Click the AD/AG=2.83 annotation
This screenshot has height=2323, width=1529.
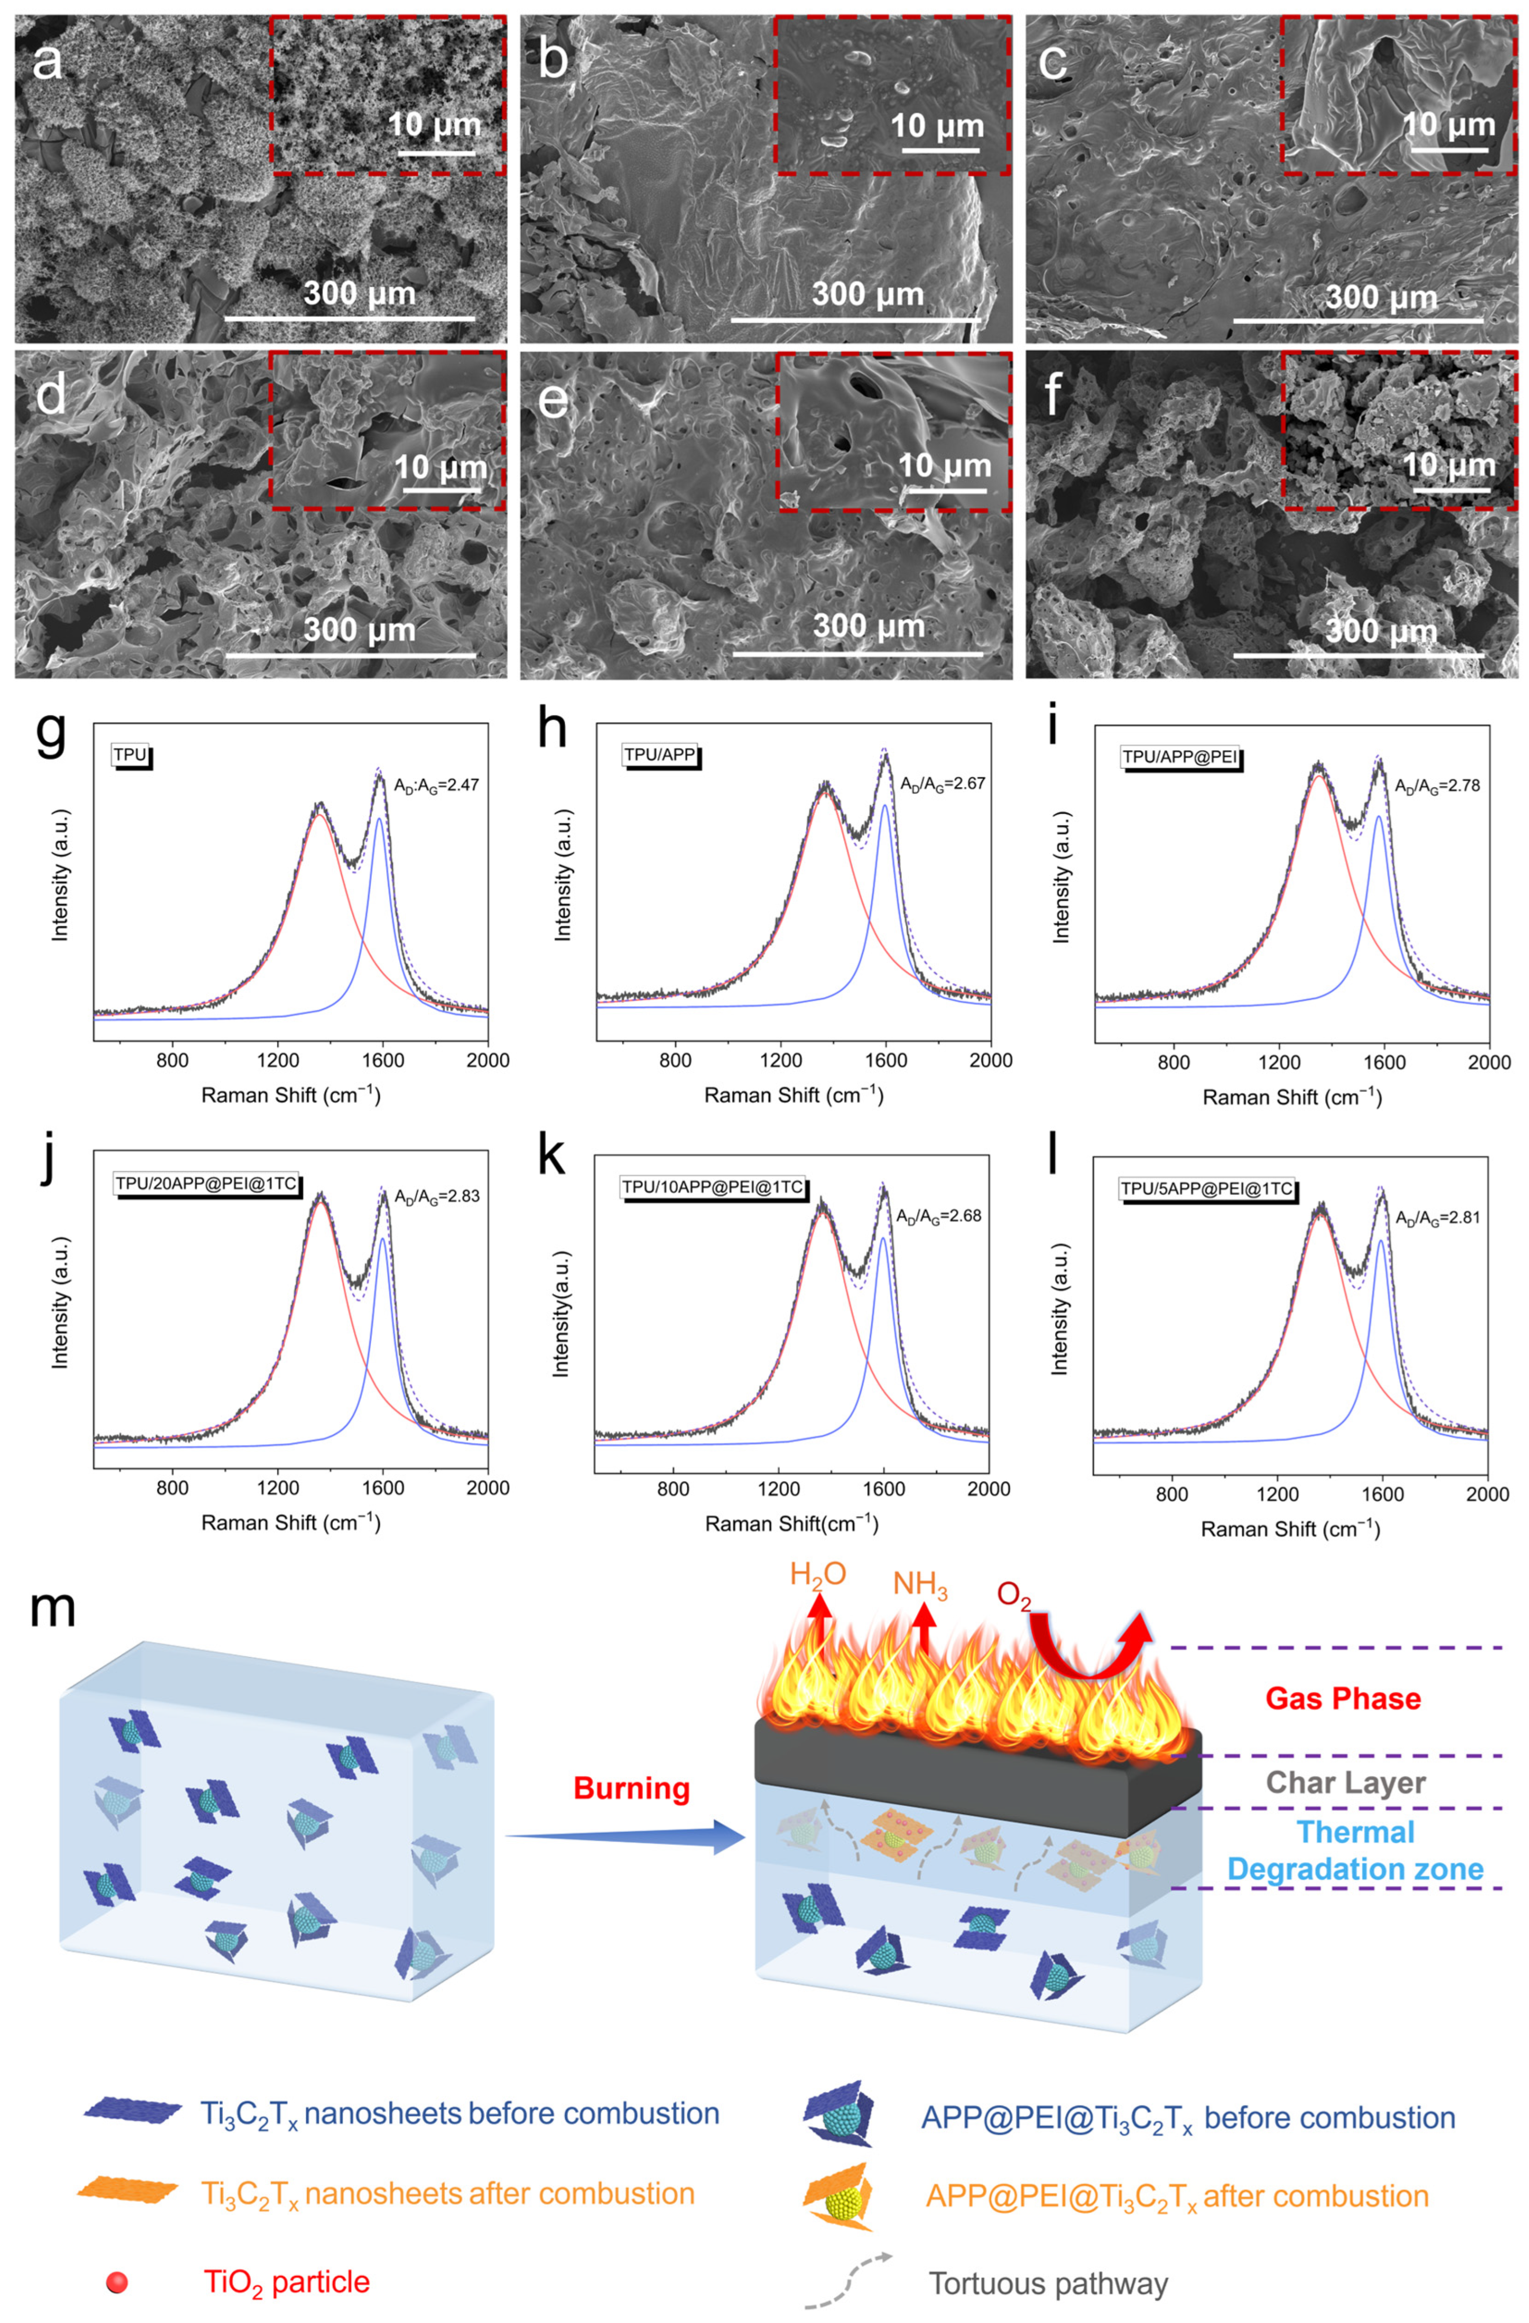click(x=437, y=1197)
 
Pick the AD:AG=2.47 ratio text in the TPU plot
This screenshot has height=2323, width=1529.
click(x=436, y=784)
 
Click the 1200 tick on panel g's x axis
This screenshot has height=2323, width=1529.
click(x=278, y=1060)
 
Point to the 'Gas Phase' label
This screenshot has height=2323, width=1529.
click(x=1343, y=1698)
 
